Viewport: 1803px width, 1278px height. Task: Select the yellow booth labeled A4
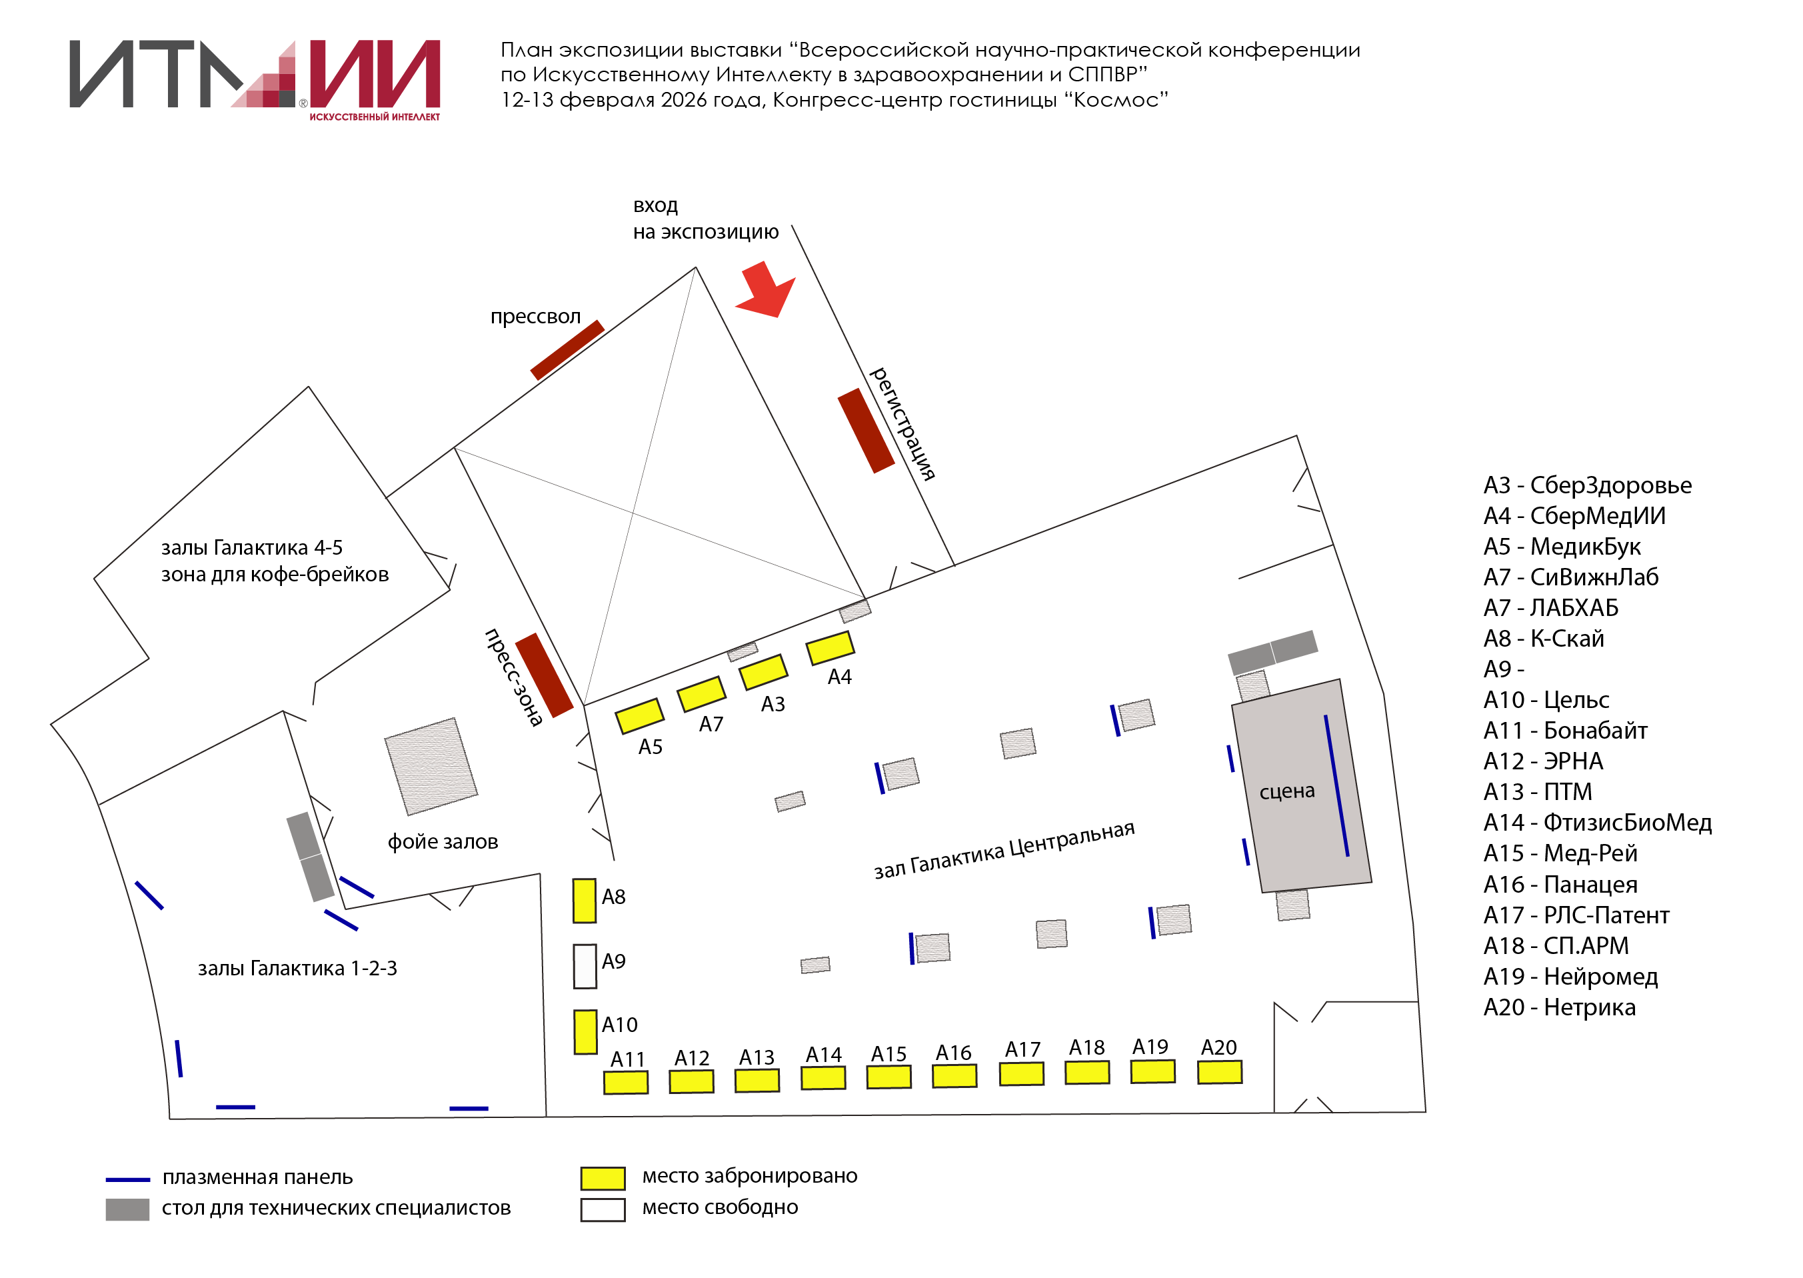pyautogui.click(x=830, y=647)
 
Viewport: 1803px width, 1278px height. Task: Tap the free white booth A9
pyautogui.click(x=585, y=965)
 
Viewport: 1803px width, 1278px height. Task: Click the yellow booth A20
pyautogui.click(x=1219, y=1072)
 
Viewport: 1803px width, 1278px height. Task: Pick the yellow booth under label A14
pyautogui.click(x=823, y=1077)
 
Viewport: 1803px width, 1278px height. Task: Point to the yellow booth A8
pyautogui.click(x=585, y=900)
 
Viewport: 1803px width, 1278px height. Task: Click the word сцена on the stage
pyautogui.click(x=1287, y=791)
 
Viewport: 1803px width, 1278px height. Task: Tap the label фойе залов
pyautogui.click(x=443, y=842)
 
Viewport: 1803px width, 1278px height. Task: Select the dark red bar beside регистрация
pyautogui.click(x=865, y=431)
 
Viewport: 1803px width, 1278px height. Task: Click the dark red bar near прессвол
pyautogui.click(x=567, y=349)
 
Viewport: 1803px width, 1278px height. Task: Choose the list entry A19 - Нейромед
pyautogui.click(x=1570, y=977)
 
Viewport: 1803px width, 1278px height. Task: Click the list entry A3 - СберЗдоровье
pyautogui.click(x=1586, y=485)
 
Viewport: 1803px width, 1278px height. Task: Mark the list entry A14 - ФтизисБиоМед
pyautogui.click(x=1597, y=823)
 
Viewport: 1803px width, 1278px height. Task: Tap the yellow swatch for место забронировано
pyautogui.click(x=603, y=1178)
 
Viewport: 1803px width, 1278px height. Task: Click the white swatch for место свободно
pyautogui.click(x=603, y=1209)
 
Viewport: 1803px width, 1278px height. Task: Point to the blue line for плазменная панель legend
pyautogui.click(x=127, y=1179)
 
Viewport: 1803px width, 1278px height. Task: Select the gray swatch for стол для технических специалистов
pyautogui.click(x=127, y=1209)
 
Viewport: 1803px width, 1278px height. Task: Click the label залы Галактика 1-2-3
pyautogui.click(x=297, y=968)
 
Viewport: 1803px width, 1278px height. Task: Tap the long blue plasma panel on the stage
pyautogui.click(x=1336, y=785)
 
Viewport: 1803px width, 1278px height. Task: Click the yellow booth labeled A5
pyautogui.click(x=639, y=716)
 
